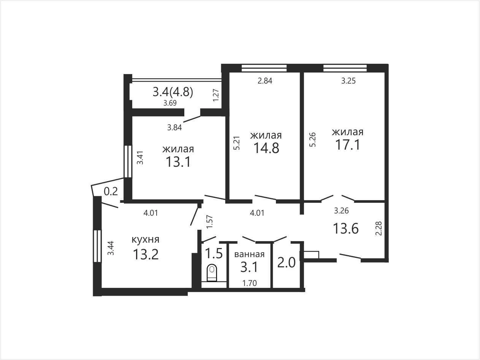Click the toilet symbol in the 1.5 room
[212, 273]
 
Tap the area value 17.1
[348, 145]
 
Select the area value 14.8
[266, 148]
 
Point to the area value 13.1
[178, 162]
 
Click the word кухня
[146, 240]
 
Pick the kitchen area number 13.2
[146, 254]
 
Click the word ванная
[249, 254]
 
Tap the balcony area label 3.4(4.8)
[173, 92]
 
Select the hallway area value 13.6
[346, 229]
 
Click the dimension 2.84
[265, 81]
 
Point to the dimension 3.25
[349, 81]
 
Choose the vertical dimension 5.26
[313, 140]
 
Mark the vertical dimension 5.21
[237, 143]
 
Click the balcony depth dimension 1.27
[216, 95]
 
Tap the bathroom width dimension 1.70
[250, 283]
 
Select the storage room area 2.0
[286, 262]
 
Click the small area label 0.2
[111, 191]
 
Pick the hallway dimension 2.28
[379, 228]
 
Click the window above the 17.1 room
[345, 68]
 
